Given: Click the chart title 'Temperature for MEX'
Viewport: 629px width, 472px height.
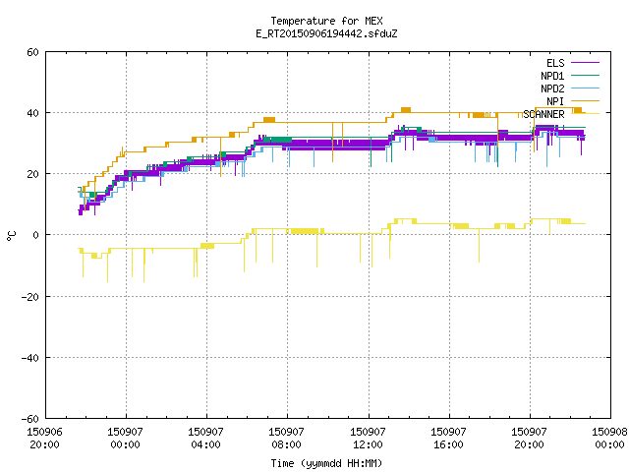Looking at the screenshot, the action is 326,21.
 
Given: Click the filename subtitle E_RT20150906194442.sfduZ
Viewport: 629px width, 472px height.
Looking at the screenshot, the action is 326,33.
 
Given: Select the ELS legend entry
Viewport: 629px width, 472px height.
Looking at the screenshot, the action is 573,63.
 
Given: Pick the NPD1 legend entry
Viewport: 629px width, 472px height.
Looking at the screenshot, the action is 570,76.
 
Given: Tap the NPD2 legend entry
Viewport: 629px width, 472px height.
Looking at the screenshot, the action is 570,88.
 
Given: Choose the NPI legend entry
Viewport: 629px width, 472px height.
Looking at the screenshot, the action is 573,101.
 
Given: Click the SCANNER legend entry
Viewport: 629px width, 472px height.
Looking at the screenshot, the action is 561,114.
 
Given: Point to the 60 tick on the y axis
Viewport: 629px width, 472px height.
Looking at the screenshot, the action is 32,52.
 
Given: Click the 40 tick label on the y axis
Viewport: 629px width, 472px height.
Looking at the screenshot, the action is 32,113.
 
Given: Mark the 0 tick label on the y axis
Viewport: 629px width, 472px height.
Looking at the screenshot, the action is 36,235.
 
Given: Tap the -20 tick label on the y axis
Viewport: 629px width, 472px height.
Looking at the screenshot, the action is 30,297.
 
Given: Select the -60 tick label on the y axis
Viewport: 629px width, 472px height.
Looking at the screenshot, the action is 30,419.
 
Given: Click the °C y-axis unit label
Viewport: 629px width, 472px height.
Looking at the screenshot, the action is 11,236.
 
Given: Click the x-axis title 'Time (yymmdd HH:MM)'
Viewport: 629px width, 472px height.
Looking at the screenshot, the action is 326,463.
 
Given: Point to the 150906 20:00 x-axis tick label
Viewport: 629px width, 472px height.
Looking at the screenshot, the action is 44,439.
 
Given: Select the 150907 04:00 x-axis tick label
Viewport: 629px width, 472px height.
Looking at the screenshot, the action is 205,439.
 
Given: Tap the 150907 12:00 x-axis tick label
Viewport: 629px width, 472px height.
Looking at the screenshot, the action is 368,439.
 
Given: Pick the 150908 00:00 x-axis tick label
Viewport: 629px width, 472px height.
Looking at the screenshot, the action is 609,439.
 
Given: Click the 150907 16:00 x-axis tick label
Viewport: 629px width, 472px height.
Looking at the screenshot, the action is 448,439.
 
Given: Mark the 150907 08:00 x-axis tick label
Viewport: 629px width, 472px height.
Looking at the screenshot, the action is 286,439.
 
